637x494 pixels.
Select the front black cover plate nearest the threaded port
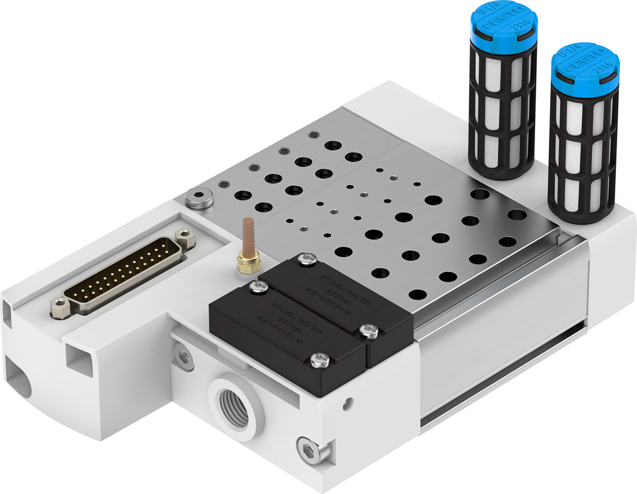[x=284, y=338]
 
